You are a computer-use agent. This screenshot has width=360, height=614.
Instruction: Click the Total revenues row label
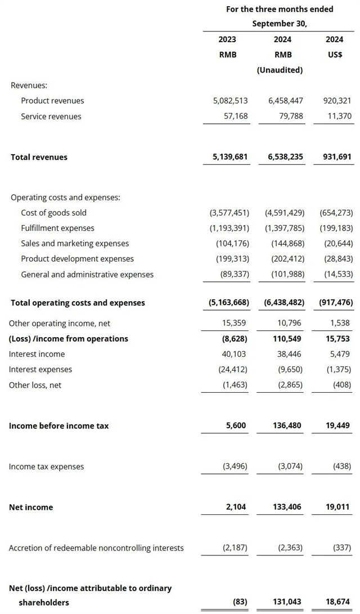pyautogui.click(x=39, y=158)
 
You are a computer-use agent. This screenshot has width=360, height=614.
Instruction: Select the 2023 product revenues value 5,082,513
pyautogui.click(x=229, y=101)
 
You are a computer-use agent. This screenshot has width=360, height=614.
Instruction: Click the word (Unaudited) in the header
pyautogui.click(x=280, y=70)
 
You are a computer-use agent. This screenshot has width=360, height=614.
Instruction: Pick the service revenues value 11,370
pyautogui.click(x=337, y=116)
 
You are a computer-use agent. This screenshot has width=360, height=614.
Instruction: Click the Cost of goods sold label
pyautogui.click(x=54, y=213)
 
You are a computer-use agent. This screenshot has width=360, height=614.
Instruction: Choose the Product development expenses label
pyautogui.click(x=78, y=259)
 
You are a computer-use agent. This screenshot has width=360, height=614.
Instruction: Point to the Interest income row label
pyautogui.click(x=37, y=354)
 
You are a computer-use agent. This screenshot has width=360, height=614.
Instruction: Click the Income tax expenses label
pyautogui.click(x=46, y=467)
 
